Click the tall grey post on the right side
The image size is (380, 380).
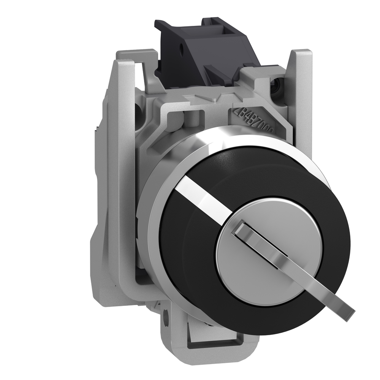pos(302,99)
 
